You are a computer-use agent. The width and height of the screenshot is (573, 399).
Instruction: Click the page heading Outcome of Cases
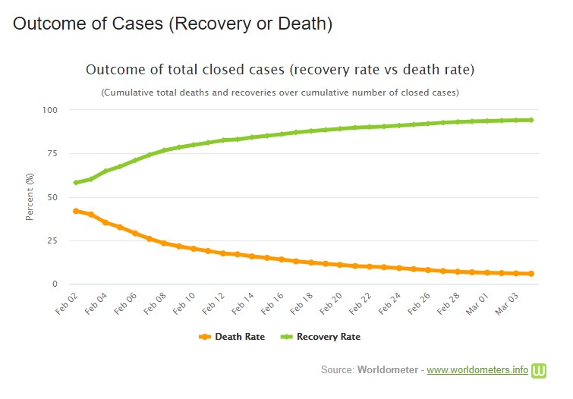point(173,24)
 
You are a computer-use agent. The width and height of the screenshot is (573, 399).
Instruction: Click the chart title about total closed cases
point(280,70)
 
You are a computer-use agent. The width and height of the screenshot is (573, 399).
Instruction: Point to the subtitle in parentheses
point(280,93)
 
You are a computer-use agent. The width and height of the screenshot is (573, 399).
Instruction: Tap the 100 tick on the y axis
point(50,110)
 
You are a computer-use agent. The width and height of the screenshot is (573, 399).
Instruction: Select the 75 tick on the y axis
point(52,154)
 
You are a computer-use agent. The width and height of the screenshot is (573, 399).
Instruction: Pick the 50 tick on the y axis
point(52,197)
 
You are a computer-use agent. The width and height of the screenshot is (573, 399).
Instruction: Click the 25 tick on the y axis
point(52,240)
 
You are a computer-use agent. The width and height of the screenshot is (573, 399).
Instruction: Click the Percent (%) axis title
point(30,197)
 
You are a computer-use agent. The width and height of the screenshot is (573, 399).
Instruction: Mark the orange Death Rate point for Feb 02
point(75,211)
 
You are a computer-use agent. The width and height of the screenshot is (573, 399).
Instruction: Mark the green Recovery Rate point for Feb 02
point(75,183)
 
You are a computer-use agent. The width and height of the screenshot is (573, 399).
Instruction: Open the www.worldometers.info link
point(477,370)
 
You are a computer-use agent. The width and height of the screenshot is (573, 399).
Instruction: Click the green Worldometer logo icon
point(540,370)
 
